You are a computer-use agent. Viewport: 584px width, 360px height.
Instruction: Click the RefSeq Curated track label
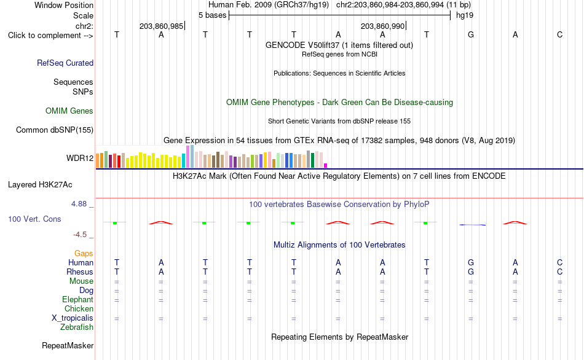pyautogui.click(x=65, y=63)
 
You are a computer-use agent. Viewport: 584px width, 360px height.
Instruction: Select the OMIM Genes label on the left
pyautogui.click(x=69, y=111)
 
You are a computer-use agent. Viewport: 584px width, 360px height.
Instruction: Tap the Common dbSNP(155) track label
pyautogui.click(x=54, y=130)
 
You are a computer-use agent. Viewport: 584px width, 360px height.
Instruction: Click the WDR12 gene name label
pyautogui.click(x=80, y=158)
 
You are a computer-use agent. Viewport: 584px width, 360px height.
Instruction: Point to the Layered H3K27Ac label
pyautogui.click(x=40, y=185)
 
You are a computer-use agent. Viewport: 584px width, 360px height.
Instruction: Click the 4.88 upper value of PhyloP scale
pyautogui.click(x=79, y=203)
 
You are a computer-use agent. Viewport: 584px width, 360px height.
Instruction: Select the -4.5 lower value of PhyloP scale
pyautogui.click(x=80, y=235)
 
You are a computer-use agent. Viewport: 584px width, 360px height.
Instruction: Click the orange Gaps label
pyautogui.click(x=84, y=253)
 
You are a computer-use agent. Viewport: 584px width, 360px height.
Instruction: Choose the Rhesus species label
pyautogui.click(x=80, y=272)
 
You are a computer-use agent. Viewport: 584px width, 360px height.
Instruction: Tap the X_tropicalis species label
pyautogui.click(x=73, y=318)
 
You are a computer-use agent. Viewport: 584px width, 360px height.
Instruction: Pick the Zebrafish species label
pyautogui.click(x=77, y=327)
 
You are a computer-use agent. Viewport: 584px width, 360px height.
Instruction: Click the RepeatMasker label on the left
pyautogui.click(x=68, y=345)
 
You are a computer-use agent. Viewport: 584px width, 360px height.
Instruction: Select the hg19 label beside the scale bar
pyautogui.click(x=465, y=15)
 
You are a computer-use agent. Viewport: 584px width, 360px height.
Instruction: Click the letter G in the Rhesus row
pyautogui.click(x=471, y=272)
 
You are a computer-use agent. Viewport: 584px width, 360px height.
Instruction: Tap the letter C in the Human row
pyautogui.click(x=559, y=262)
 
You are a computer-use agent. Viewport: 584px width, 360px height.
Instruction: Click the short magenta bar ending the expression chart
pyautogui.click(x=326, y=165)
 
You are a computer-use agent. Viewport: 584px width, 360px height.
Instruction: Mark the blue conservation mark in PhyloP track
pyautogui.click(x=472, y=225)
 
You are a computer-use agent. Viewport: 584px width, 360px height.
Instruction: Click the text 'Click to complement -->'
pyautogui.click(x=50, y=36)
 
